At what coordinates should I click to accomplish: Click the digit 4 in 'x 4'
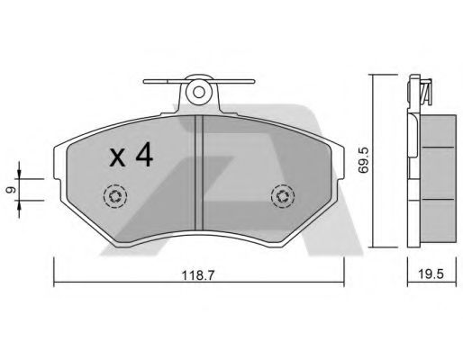tap(142, 157)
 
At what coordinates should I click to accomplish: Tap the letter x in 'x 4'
tap(116, 159)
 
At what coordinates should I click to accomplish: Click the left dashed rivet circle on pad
tap(115, 195)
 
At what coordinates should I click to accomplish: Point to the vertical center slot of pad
tap(200, 171)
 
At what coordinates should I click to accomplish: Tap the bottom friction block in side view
tap(438, 219)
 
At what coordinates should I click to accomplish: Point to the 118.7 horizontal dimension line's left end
tap(55, 285)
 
